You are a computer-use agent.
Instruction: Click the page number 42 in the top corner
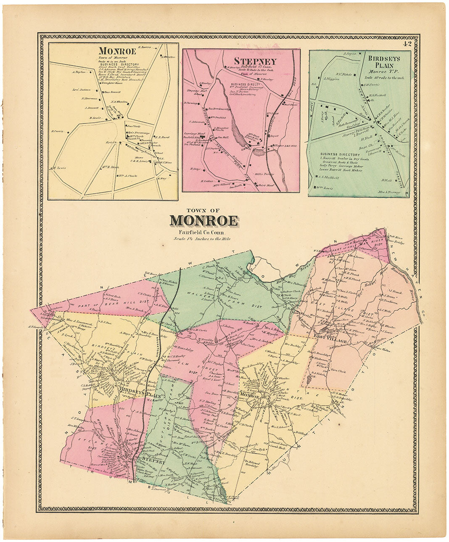pyautogui.click(x=406, y=43)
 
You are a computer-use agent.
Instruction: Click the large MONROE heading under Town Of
pyautogui.click(x=204, y=220)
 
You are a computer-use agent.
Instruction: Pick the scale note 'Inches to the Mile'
pyautogui.click(x=204, y=239)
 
